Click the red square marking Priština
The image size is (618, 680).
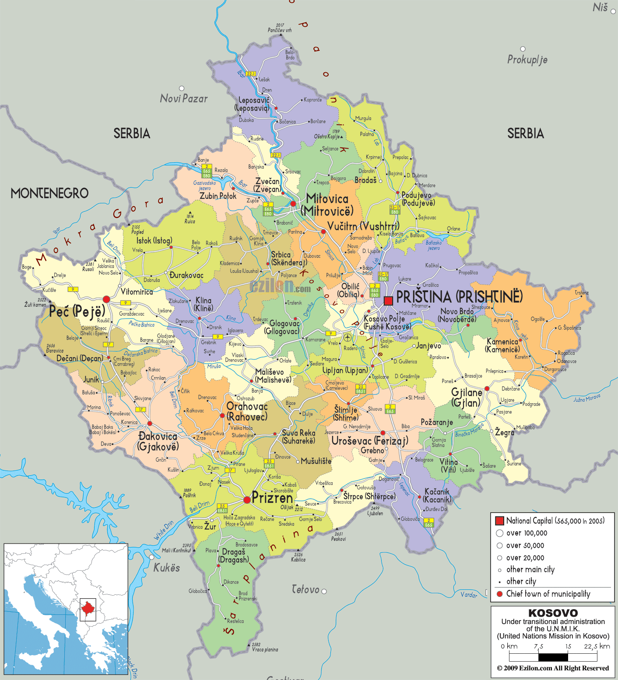(x=388, y=300)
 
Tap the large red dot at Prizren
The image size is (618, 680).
(x=247, y=499)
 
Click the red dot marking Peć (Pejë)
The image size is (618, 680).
(x=106, y=299)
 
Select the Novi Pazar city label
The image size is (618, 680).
(x=184, y=98)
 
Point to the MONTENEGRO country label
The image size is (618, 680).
(x=49, y=193)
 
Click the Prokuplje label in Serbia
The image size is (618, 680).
(x=527, y=59)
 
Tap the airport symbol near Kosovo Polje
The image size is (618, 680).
(x=347, y=337)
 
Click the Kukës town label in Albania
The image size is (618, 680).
(x=166, y=568)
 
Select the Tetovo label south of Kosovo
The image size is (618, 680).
(x=305, y=589)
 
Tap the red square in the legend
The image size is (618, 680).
(x=499, y=521)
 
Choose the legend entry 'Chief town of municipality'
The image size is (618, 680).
(x=548, y=594)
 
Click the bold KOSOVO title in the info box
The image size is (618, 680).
(x=553, y=613)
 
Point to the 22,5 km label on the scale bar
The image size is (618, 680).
(x=597, y=646)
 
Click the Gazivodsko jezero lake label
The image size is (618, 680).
(x=204, y=185)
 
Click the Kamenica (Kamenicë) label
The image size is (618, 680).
(x=502, y=345)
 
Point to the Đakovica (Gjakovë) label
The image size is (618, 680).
(x=158, y=441)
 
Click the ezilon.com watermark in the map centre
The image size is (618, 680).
(x=280, y=286)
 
